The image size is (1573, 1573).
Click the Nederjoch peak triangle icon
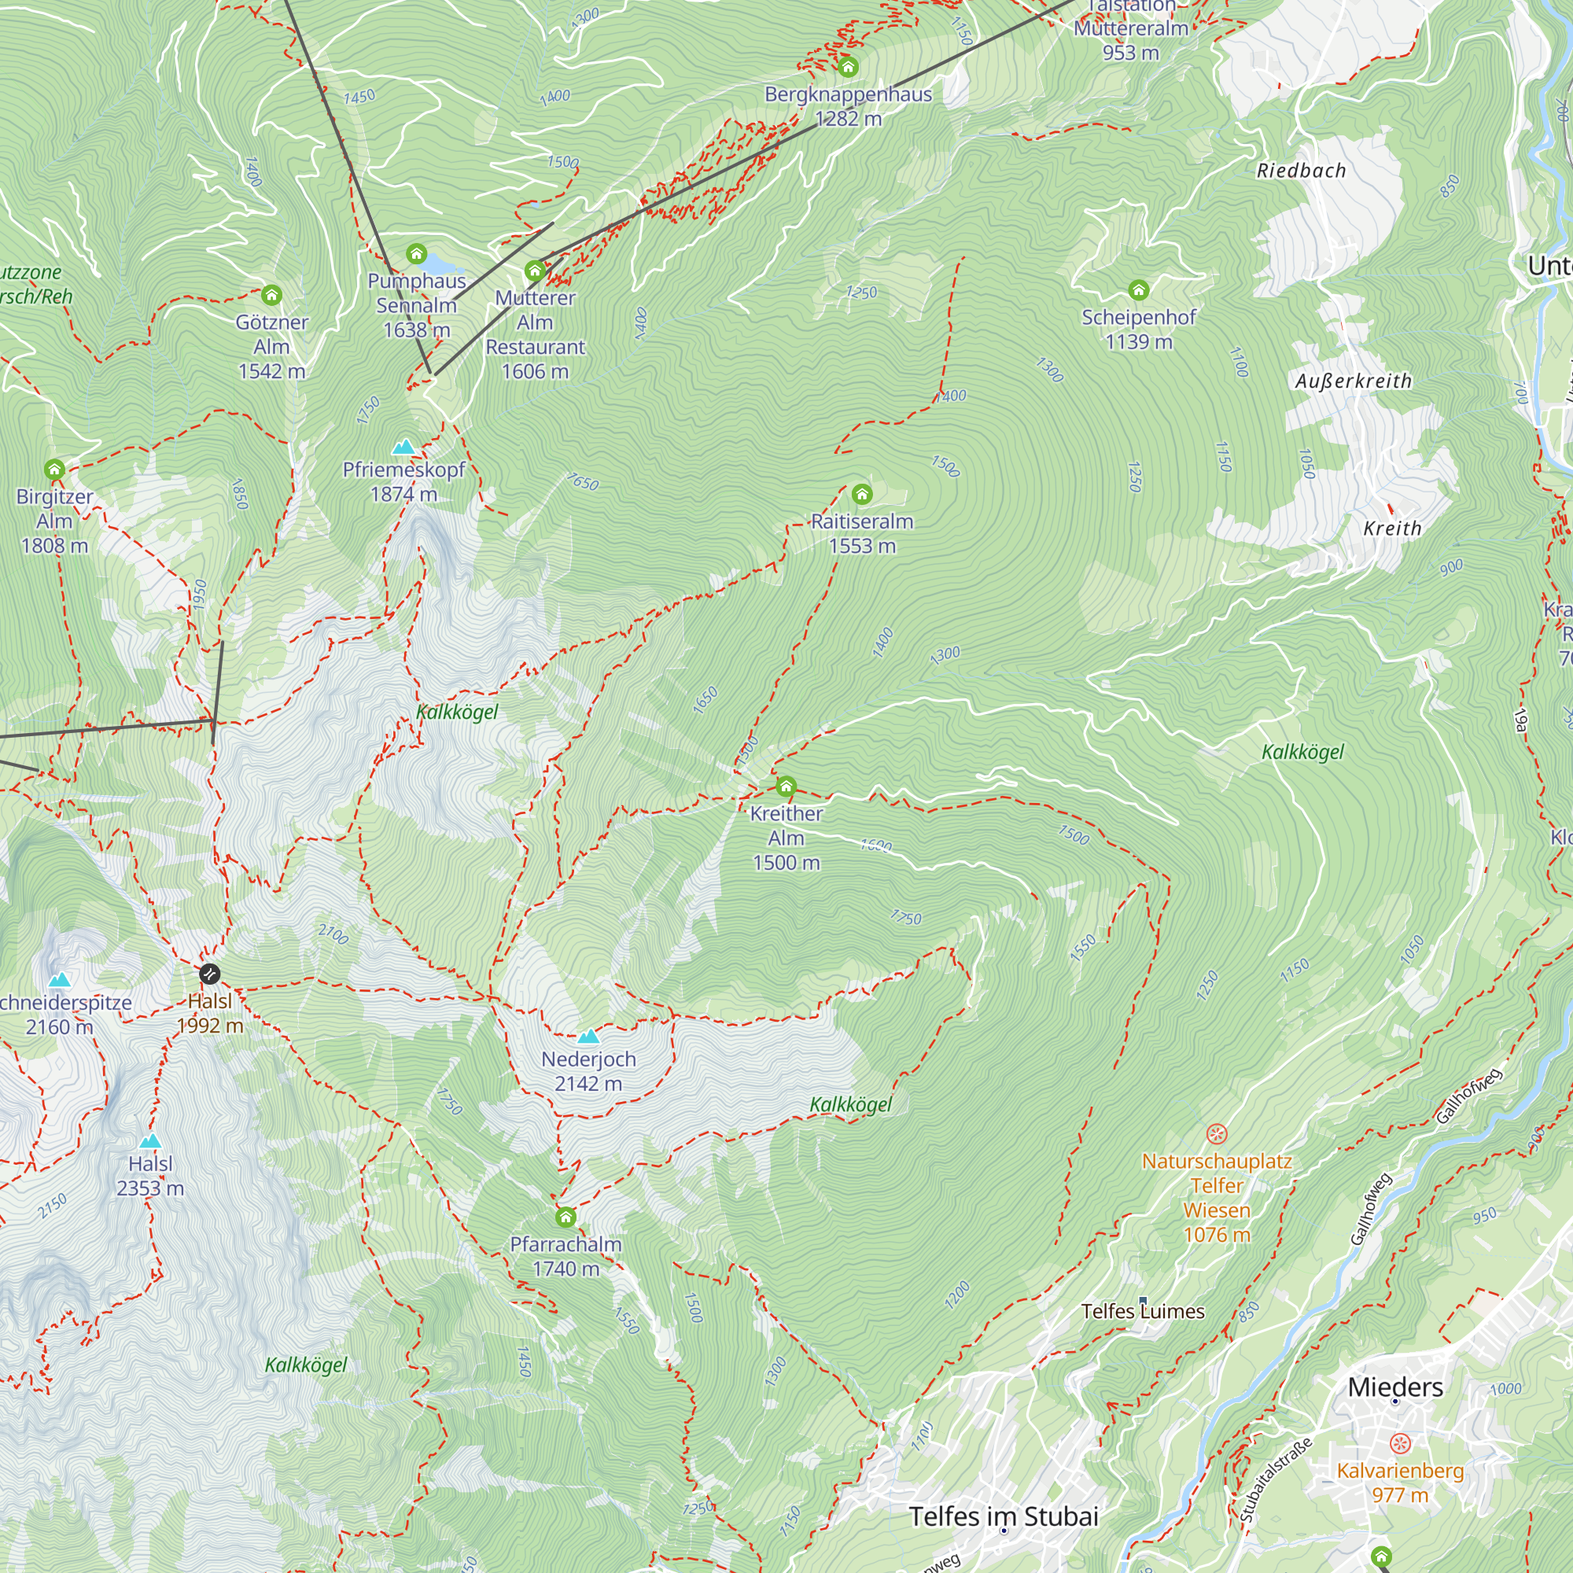[x=588, y=1037]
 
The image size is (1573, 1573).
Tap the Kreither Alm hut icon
[x=786, y=786]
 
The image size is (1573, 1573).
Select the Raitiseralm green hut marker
[x=861, y=494]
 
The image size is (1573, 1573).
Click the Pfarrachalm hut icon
[x=565, y=1218]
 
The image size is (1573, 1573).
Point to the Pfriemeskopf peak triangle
[x=403, y=447]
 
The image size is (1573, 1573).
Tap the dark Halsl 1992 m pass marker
[x=209, y=974]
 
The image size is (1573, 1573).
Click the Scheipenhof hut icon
[x=1138, y=290]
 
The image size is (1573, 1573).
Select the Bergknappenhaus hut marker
[x=848, y=67]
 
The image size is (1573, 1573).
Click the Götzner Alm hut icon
[x=271, y=295]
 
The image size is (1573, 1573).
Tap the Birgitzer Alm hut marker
[x=54, y=469]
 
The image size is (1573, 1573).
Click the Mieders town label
[x=1394, y=1387]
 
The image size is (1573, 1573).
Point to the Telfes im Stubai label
[x=1003, y=1517]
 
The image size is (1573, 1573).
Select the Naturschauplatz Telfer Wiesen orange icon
[x=1217, y=1134]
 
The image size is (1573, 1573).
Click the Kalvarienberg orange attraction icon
[x=1400, y=1444]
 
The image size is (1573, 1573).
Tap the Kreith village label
[x=1392, y=529]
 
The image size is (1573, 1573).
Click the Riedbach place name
[x=1301, y=171]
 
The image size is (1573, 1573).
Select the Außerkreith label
[x=1353, y=381]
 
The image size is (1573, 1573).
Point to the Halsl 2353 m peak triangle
[x=149, y=1140]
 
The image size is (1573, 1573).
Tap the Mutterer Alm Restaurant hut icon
[x=535, y=271]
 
